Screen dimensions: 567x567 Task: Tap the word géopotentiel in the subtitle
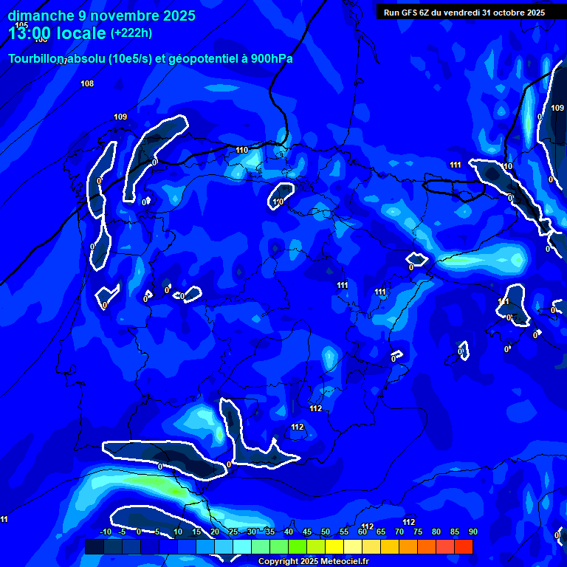coord(197,59)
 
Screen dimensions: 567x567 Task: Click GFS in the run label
coord(410,13)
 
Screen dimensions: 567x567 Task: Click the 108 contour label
coord(87,83)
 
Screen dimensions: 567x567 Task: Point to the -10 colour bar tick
coord(105,532)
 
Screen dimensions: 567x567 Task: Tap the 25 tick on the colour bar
coord(233,532)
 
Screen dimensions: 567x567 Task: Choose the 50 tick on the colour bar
coord(326,532)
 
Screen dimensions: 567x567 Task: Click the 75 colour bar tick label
coord(418,532)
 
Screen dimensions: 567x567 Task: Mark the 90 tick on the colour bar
coord(472,532)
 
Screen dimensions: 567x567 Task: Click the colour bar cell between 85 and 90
coord(464,546)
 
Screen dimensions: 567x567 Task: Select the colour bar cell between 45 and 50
coord(316,546)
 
